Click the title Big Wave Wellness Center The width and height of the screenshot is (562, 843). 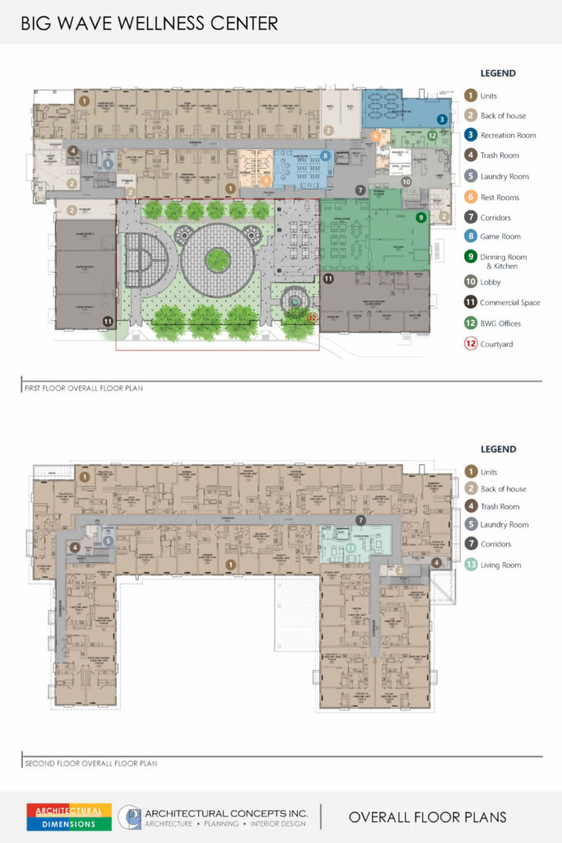pyautogui.click(x=150, y=22)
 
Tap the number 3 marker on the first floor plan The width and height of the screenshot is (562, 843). pyautogui.click(x=442, y=119)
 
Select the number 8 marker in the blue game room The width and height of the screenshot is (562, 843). pyautogui.click(x=326, y=155)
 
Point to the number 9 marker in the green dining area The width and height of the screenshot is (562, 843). pyautogui.click(x=421, y=217)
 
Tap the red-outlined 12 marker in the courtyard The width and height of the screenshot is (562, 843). pyautogui.click(x=312, y=316)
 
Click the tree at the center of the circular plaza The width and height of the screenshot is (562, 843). pyautogui.click(x=217, y=260)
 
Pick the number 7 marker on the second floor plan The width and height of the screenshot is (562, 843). pyautogui.click(x=360, y=520)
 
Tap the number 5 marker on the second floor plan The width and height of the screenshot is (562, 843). pyautogui.click(x=108, y=541)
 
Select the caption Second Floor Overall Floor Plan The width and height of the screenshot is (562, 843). pyautogui.click(x=90, y=763)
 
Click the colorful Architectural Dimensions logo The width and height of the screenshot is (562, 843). pyautogui.click(x=69, y=817)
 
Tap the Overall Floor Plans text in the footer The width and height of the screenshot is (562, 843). pyautogui.click(x=427, y=817)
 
